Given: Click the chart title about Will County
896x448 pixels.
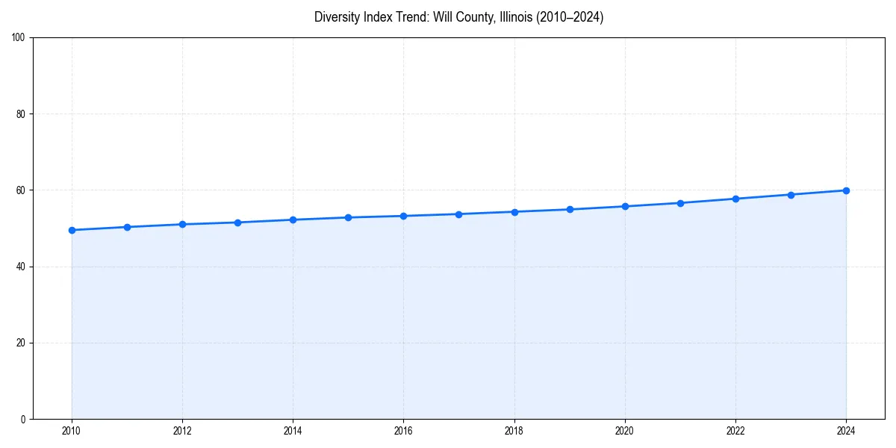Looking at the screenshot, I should pos(458,17).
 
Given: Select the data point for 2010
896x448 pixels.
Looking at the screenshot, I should pos(72,230).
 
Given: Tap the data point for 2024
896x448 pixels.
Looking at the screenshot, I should pos(846,190).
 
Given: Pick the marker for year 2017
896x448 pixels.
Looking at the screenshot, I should pos(458,214).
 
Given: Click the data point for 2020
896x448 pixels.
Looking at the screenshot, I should pos(625,206).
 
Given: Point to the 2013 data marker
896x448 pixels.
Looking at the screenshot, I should pos(237,223).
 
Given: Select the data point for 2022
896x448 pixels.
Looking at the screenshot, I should pos(735,199).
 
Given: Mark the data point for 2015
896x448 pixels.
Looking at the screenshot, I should pos(348,217).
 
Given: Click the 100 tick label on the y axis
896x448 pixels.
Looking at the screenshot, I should pos(19,38).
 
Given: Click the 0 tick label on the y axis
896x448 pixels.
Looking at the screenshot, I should pos(23,419).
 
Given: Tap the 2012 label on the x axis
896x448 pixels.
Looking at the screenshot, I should pos(182,431).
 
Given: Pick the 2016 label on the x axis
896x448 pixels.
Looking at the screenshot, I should pos(403,431).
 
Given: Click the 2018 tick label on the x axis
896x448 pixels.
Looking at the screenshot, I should pos(514,431).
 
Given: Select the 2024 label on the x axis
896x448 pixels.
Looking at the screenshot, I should pos(846,431).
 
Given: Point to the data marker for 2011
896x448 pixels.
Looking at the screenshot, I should pos(127,227).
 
